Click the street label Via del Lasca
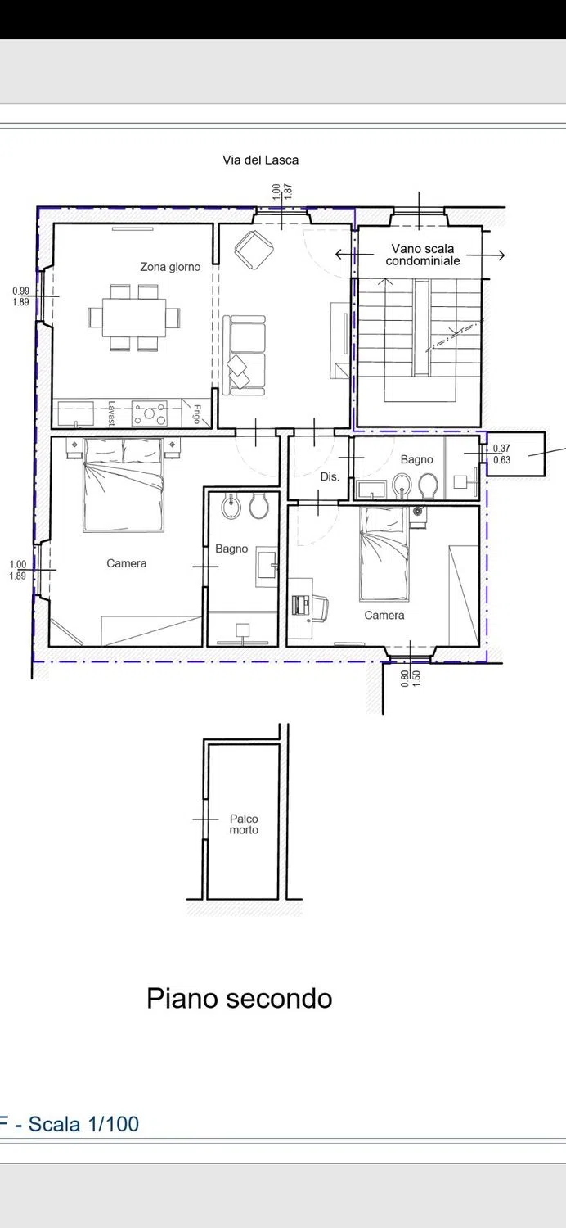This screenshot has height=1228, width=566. tap(260, 160)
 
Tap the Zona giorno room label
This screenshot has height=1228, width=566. tap(170, 267)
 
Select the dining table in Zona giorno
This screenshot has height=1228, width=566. tap(133, 317)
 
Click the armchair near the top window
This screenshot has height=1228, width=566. tap(254, 250)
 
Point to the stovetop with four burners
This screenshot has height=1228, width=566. tap(150, 414)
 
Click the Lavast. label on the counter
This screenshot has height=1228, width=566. tap(112, 414)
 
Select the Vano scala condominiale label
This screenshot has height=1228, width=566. tap(422, 255)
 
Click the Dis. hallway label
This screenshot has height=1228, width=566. tap(330, 477)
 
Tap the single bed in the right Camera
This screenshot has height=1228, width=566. tap(384, 553)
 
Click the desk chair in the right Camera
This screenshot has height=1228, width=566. tap(320, 609)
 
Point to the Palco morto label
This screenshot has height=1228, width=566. tap(244, 824)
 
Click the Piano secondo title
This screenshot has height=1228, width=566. tap(240, 999)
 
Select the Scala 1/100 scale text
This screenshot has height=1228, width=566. tap(83, 1124)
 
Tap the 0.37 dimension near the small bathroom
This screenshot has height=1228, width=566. tap(501, 449)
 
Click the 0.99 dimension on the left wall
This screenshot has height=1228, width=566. tap(20, 291)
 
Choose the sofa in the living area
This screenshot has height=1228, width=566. tap(244, 354)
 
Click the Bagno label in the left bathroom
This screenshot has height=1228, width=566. tap(231, 549)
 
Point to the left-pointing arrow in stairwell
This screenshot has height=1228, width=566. tap(354, 255)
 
